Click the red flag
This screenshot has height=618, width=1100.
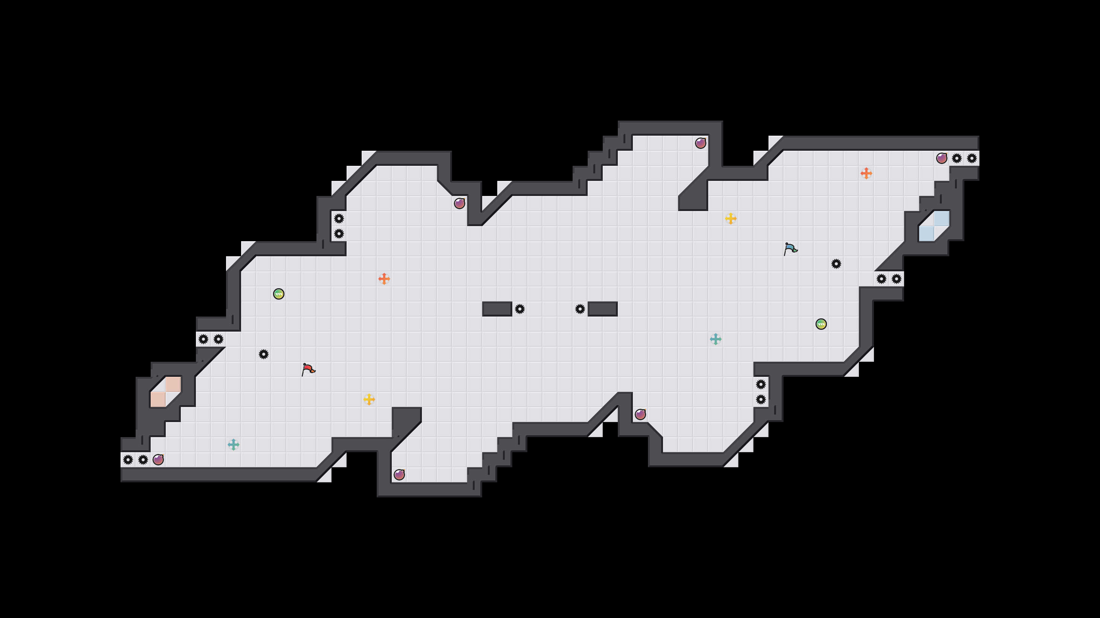click(x=308, y=369)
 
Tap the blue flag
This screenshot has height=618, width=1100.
click(x=790, y=249)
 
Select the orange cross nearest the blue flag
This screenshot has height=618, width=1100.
click(x=866, y=173)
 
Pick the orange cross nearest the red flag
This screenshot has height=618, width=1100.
click(x=384, y=279)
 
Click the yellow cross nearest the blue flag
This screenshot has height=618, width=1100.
click(x=730, y=219)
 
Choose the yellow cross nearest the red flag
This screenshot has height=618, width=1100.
click(x=369, y=399)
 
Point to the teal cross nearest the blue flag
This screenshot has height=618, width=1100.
click(x=716, y=339)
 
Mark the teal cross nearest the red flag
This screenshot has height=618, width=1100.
click(x=234, y=445)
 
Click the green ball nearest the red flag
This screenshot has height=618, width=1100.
click(x=279, y=294)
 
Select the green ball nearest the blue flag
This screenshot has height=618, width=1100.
click(x=821, y=324)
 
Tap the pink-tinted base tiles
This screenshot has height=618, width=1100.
click(x=166, y=392)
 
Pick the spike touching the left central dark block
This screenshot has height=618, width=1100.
click(x=520, y=309)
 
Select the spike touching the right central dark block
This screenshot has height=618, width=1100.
click(x=580, y=309)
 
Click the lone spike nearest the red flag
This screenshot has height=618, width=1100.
click(x=263, y=354)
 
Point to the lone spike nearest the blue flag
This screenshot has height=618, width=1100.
click(x=836, y=264)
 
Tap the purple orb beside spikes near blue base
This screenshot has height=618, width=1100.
click(x=941, y=158)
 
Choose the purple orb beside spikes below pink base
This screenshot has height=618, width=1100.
click(x=158, y=460)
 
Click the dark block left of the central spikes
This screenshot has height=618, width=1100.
click(x=497, y=309)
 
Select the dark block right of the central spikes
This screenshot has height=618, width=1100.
click(x=602, y=309)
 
